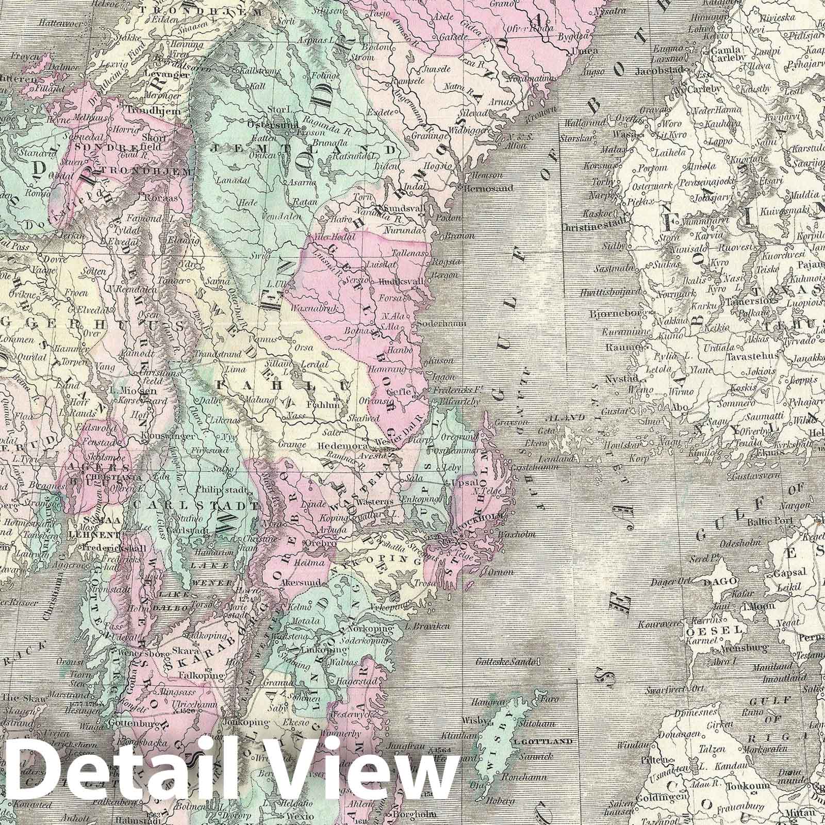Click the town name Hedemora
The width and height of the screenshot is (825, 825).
339,445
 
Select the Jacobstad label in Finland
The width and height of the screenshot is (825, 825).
661,71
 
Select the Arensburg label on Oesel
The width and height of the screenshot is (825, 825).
733,647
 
